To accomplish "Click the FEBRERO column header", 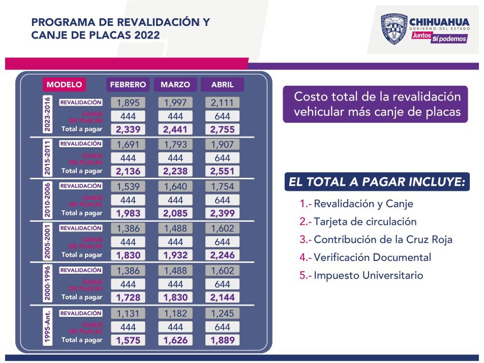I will [128, 84].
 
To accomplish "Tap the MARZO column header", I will [175, 84].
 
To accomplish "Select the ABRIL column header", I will [222, 84].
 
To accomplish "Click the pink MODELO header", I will [64, 84].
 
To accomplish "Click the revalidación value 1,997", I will [175, 103].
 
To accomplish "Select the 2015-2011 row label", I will [47, 157].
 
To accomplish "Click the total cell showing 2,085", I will [175, 213].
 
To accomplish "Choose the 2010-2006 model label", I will [47, 200].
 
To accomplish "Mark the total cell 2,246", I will [222, 256].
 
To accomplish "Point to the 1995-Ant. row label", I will [47, 327].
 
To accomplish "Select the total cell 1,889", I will [222, 341].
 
